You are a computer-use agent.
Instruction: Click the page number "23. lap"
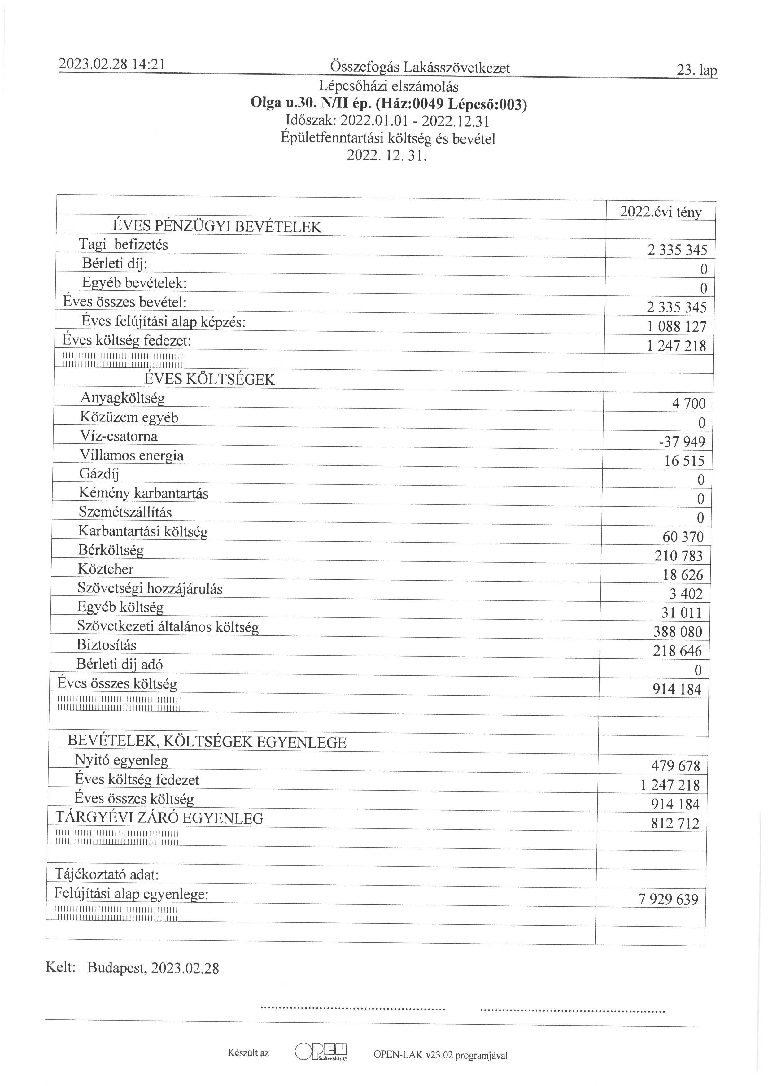tap(696, 71)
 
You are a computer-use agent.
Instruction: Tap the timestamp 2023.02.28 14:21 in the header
tap(111, 64)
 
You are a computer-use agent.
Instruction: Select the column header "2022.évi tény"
tap(661, 212)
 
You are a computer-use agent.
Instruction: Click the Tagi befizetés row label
tap(124, 245)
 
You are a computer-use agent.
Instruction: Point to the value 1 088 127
tap(677, 327)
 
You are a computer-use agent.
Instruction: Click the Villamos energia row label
tap(132, 456)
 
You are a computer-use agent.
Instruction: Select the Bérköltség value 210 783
tap(679, 556)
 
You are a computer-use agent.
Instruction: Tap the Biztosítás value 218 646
tap(678, 651)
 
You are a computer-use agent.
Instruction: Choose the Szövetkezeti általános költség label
tap(168, 627)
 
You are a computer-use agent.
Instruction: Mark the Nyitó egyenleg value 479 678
tap(676, 766)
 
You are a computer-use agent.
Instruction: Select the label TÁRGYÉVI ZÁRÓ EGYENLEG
tap(159, 818)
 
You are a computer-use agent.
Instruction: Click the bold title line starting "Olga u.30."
tap(388, 104)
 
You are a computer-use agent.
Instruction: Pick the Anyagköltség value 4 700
tap(688, 403)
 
